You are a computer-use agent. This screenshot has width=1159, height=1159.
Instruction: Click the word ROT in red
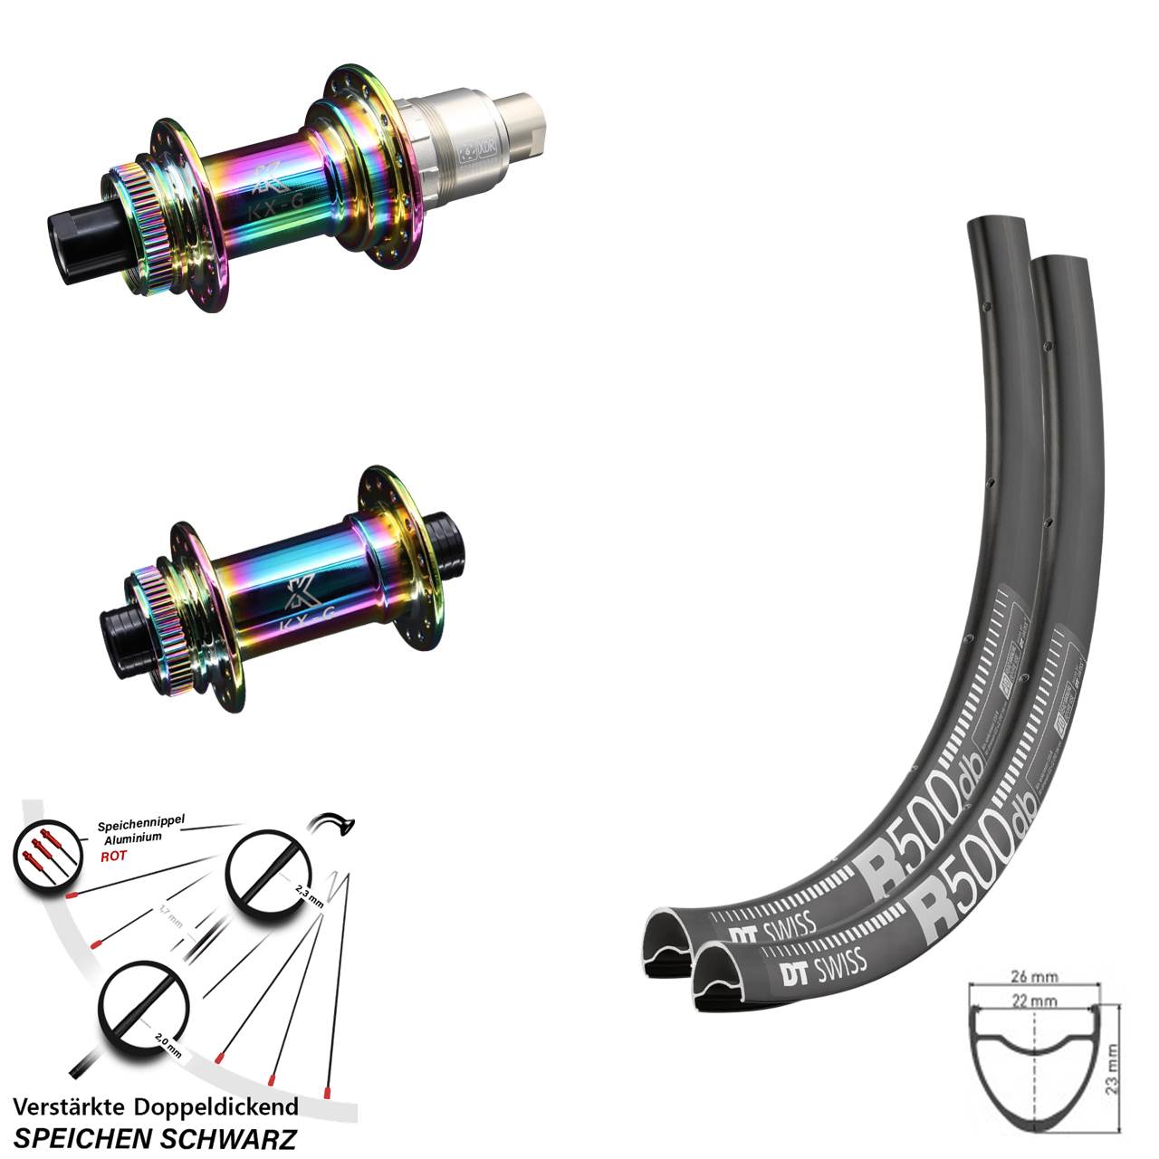(113, 856)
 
